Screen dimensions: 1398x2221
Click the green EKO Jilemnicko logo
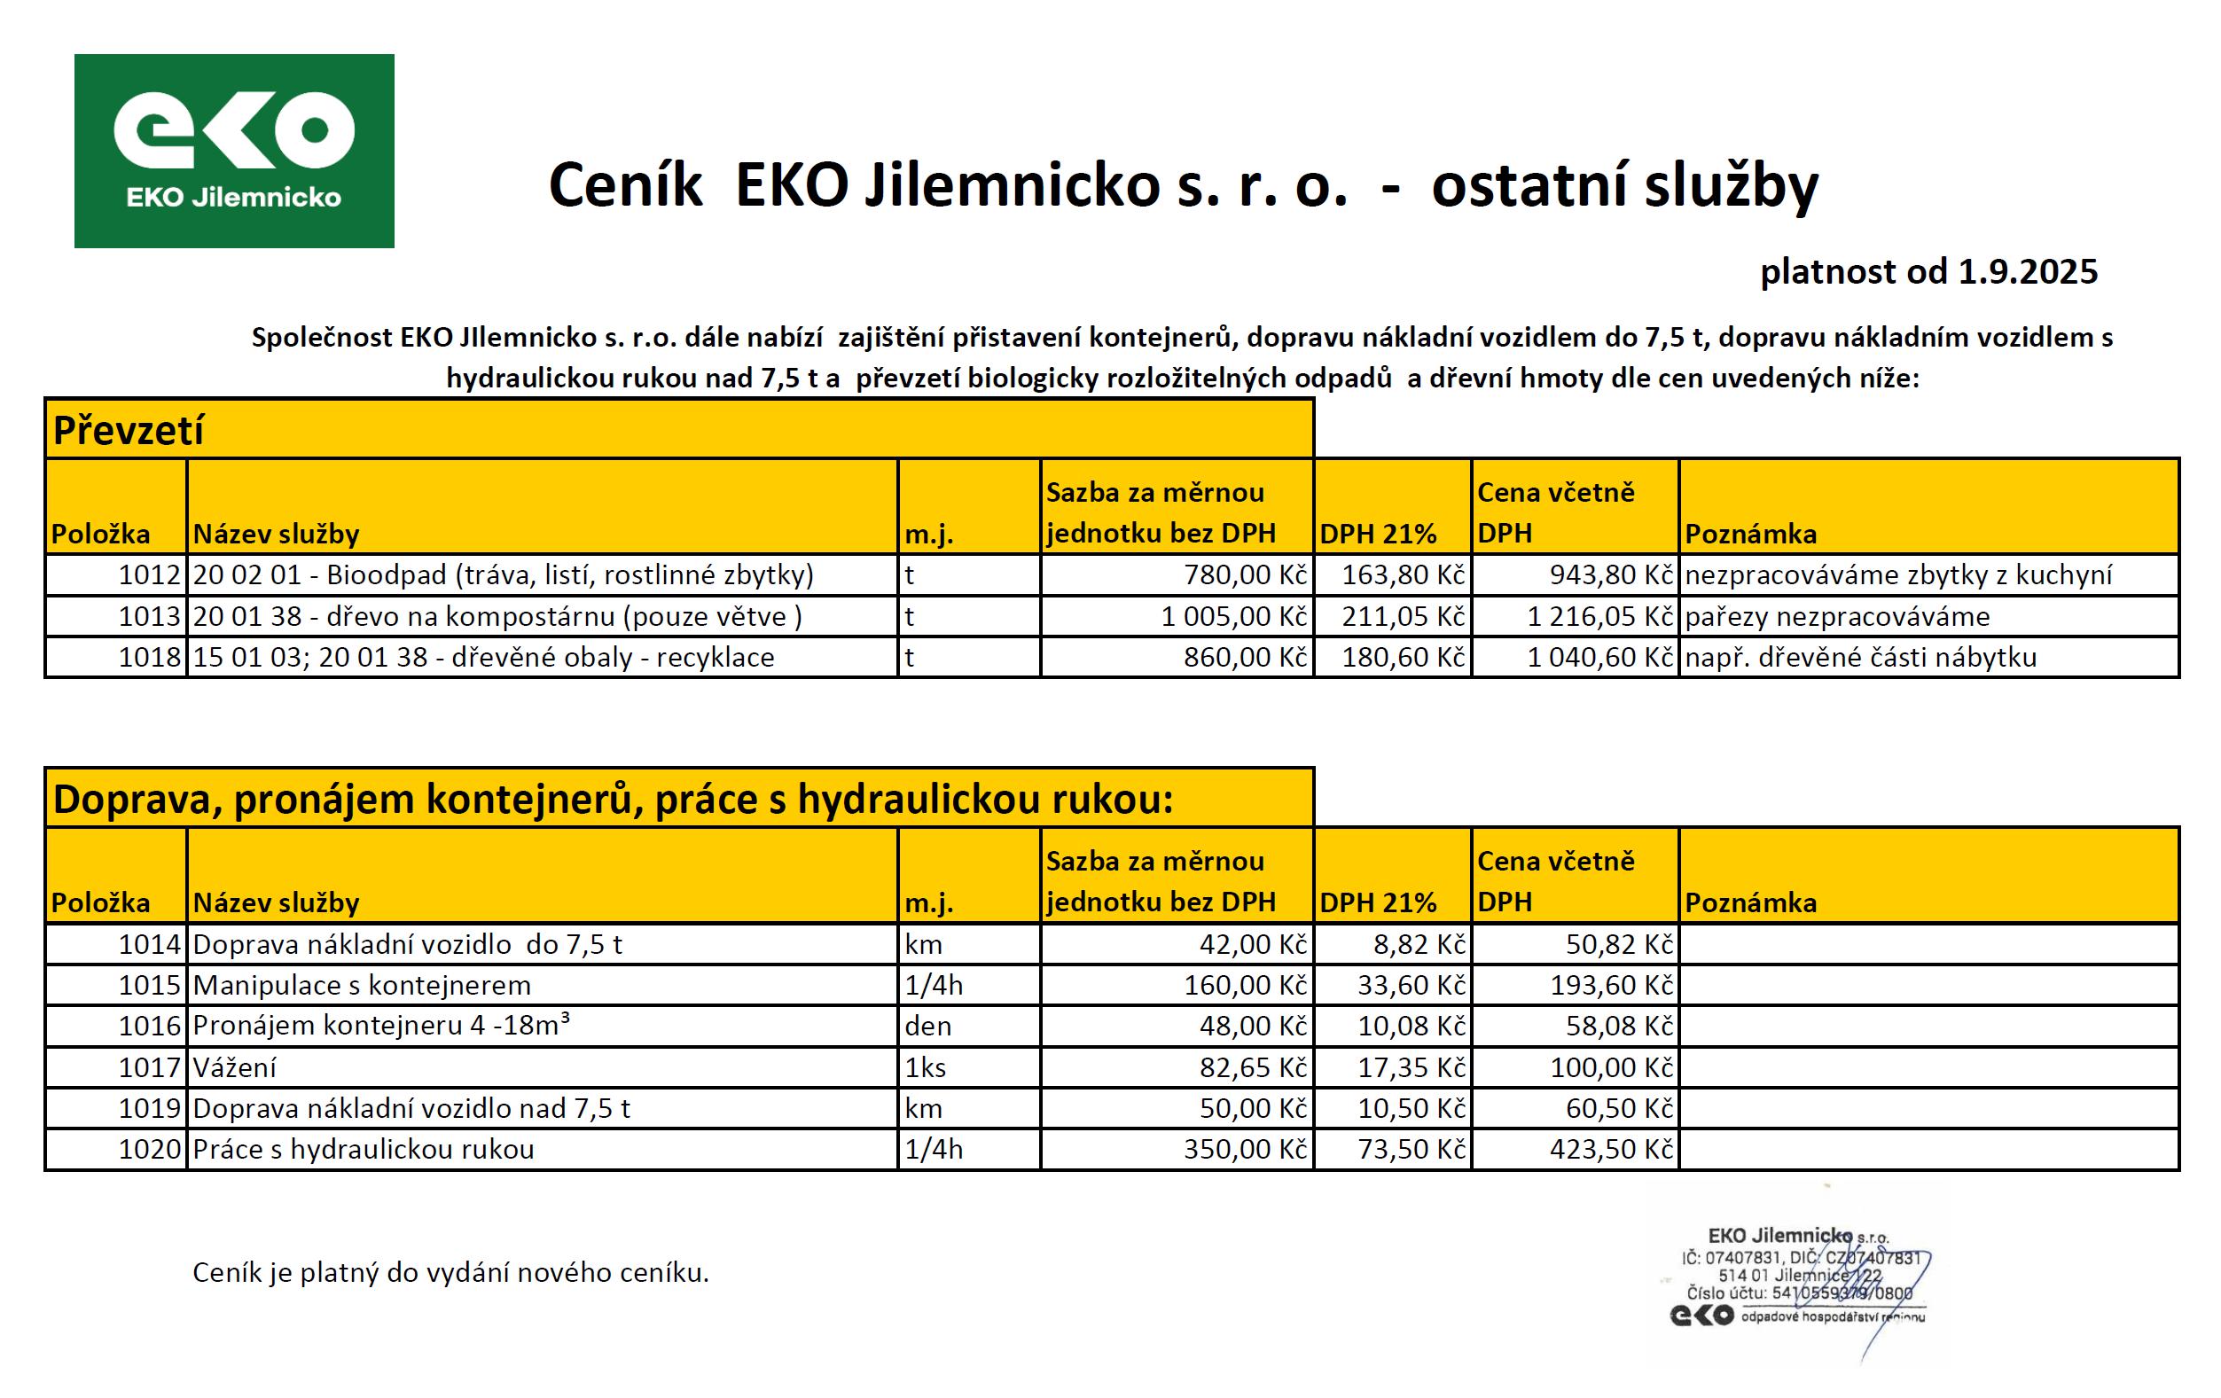(234, 151)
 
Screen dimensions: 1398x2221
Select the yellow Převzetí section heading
(129, 431)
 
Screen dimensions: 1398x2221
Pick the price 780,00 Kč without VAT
(1245, 575)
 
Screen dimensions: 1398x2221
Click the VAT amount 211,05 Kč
(1403, 616)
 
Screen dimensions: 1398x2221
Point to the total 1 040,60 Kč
(1599, 658)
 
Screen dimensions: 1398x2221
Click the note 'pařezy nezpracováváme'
(1836, 616)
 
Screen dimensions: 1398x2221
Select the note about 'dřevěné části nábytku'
(1860, 658)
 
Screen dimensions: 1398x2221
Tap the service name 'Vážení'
(234, 1067)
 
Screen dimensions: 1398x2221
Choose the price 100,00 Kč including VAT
(1610, 1067)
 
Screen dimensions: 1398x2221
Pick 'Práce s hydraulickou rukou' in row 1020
(364, 1149)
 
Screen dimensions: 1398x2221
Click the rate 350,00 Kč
(1245, 1149)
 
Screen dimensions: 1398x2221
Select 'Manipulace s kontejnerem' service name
(362, 985)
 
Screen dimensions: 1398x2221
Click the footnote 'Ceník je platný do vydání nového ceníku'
(450, 1273)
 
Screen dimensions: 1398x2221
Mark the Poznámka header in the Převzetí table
(1750, 534)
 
